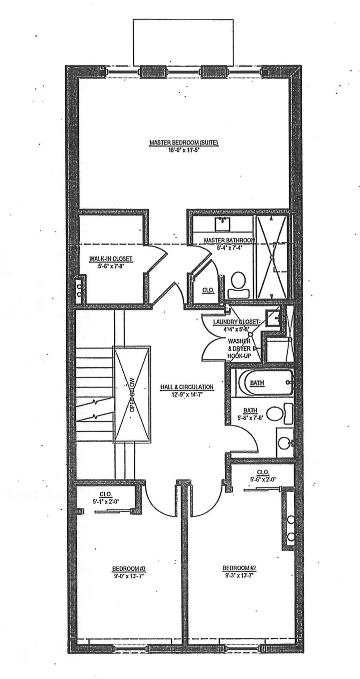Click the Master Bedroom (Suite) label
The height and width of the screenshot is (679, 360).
pyautogui.click(x=184, y=143)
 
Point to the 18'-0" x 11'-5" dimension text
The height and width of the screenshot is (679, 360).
pyautogui.click(x=184, y=150)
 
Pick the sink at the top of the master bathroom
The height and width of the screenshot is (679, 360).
pyautogui.click(x=222, y=223)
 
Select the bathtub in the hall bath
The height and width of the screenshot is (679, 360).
pyautogui.click(x=264, y=383)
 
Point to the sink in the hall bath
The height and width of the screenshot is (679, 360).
pyautogui.click(x=284, y=443)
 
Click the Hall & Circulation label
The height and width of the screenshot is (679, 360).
pyautogui.click(x=187, y=387)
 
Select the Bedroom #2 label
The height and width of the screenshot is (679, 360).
pyautogui.click(x=240, y=569)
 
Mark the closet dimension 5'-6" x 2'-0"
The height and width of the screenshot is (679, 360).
pyautogui.click(x=263, y=479)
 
